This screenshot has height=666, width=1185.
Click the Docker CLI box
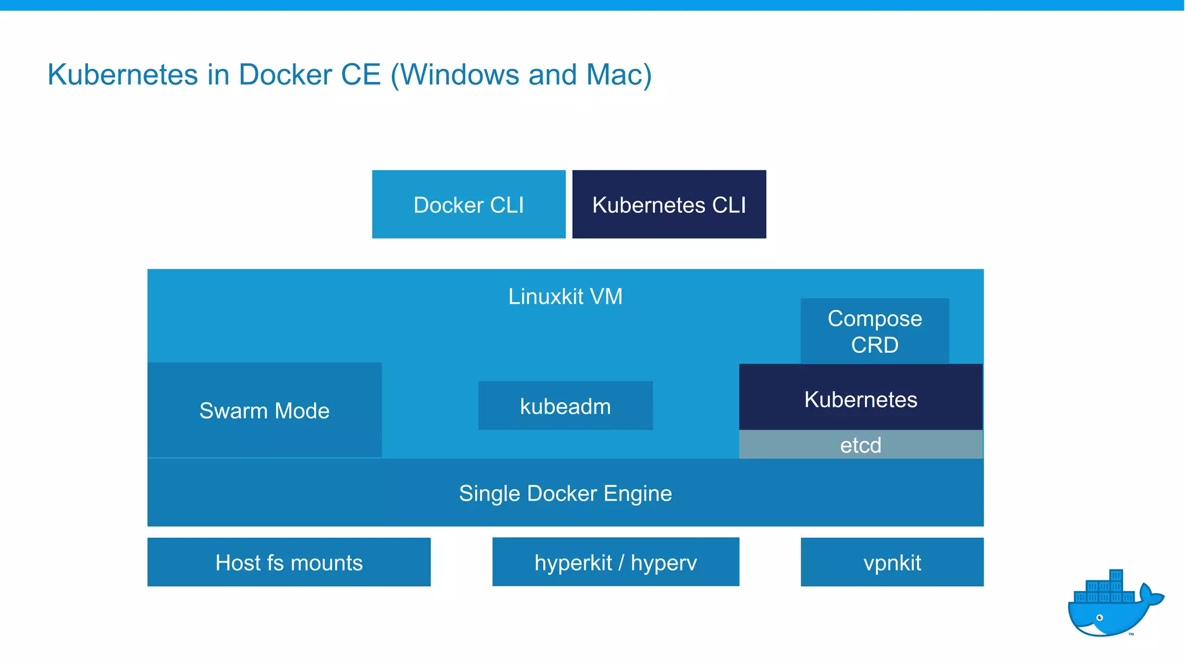pyautogui.click(x=469, y=204)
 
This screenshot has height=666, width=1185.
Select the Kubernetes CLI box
pyautogui.click(x=669, y=204)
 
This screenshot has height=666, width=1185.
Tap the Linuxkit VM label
pyautogui.click(x=565, y=297)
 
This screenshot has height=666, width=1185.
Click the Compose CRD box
pyautogui.click(x=874, y=331)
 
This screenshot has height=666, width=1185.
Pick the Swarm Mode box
pyautogui.click(x=264, y=410)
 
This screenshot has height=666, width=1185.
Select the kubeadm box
pyautogui.click(x=565, y=406)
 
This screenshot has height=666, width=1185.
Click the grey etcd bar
pyautogui.click(x=860, y=445)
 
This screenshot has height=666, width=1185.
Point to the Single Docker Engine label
pyautogui.click(x=565, y=493)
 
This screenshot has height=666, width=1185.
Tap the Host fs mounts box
pyautogui.click(x=289, y=562)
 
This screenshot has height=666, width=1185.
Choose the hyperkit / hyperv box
pyautogui.click(x=616, y=562)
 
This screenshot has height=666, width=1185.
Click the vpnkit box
pyautogui.click(x=892, y=562)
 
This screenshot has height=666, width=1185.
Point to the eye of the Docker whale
pyautogui.click(x=1099, y=618)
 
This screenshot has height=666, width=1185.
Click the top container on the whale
pyautogui.click(x=1116, y=576)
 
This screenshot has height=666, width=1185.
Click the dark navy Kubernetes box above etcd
pyautogui.click(x=860, y=399)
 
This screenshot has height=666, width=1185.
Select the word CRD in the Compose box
pyautogui.click(x=874, y=345)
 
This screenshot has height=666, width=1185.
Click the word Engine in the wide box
pyautogui.click(x=638, y=494)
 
